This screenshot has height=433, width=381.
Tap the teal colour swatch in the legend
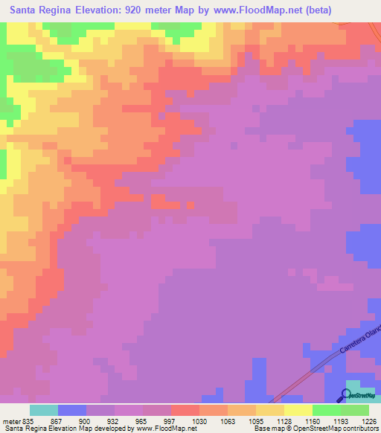pos(43,410)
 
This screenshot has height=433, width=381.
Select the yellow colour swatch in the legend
pos(298,410)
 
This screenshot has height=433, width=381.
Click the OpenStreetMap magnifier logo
pos(346,395)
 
